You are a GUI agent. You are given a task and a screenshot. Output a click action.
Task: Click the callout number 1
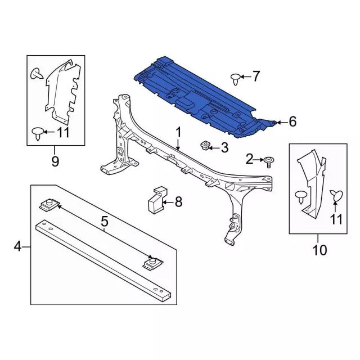pos(178,133)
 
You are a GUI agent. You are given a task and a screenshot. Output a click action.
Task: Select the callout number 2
pos(250,159)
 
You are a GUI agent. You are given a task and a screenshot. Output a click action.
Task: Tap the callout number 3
pos(224,147)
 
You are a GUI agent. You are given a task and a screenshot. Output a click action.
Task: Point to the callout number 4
pos(17,247)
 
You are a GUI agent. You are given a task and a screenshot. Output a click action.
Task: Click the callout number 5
pos(104,222)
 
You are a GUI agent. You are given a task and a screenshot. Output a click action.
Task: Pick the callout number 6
pos(292,121)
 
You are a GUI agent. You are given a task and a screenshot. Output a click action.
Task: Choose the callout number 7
pos(256,76)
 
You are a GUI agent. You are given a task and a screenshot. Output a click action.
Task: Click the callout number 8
pos(178,202)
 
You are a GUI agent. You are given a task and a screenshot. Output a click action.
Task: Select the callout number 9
pos(55,161)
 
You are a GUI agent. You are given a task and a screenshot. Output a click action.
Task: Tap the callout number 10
pos(319,250)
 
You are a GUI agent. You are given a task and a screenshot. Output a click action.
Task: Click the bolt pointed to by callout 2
pos(269,162)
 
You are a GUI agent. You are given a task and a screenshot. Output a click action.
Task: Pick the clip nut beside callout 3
pos(204,146)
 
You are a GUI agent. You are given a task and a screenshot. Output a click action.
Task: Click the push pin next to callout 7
pos(235,79)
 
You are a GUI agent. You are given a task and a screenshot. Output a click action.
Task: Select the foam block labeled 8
pos(156,200)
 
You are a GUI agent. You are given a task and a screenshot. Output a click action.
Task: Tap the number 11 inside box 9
pos(62,133)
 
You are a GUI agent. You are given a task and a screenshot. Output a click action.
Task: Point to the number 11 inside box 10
pos(336,219)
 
